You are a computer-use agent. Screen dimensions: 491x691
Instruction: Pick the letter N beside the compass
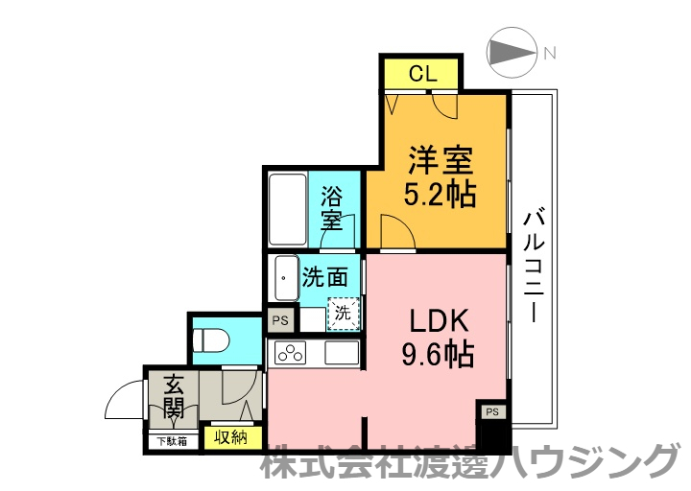pos(551,54)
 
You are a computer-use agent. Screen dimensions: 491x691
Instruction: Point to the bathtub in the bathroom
pos(286,208)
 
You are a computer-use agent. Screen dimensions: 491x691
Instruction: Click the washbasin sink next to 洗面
pos(286,278)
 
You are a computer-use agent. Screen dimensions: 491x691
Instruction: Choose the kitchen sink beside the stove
pos(342,352)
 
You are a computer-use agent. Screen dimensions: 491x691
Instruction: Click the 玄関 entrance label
pos(174,399)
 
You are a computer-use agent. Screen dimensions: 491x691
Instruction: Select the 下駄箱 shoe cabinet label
pos(172,441)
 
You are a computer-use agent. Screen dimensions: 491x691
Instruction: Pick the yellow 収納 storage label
pos(231,437)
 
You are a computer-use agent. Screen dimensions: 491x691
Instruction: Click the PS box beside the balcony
pos(492,412)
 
